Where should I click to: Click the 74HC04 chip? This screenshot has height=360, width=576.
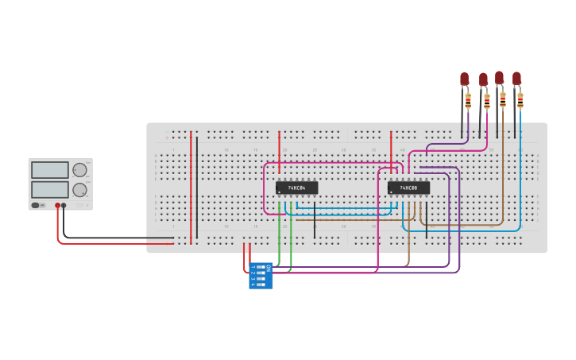pyautogui.click(x=296, y=188)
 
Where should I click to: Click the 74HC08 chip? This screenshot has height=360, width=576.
pyautogui.click(x=408, y=188)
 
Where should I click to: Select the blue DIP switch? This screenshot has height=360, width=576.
pyautogui.click(x=260, y=276)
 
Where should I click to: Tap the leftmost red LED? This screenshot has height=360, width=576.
pyautogui.click(x=465, y=79)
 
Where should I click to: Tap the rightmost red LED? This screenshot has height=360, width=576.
pyautogui.click(x=517, y=78)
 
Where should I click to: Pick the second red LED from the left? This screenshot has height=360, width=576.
pyautogui.click(x=483, y=79)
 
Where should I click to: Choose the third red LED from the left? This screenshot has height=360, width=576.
pyautogui.click(x=500, y=77)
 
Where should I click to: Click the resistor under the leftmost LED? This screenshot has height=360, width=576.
pyautogui.click(x=468, y=101)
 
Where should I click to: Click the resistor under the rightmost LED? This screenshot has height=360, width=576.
pyautogui.click(x=520, y=100)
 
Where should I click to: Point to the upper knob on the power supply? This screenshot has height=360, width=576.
pyautogui.click(x=79, y=170)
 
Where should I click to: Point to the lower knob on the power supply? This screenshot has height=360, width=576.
pyautogui.click(x=79, y=190)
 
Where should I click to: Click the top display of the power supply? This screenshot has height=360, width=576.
pyautogui.click(x=49, y=170)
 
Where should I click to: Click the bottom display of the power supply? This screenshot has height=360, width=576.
pyautogui.click(x=49, y=189)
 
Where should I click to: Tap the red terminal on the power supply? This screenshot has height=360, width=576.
pyautogui.click(x=57, y=206)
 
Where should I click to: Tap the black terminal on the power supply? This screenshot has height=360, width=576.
pyautogui.click(x=64, y=206)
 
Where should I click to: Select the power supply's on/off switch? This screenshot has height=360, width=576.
pyautogui.click(x=36, y=206)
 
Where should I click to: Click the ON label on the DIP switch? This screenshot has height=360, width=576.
pyautogui.click(x=269, y=269)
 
